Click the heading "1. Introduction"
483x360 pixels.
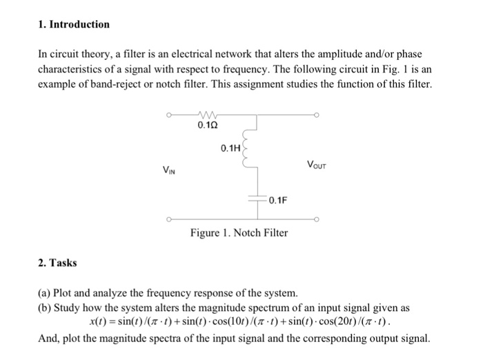[x=73, y=24]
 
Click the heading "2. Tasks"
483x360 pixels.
[x=58, y=263]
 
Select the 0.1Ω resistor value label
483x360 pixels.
[x=208, y=126]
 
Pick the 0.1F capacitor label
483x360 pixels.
[x=278, y=201]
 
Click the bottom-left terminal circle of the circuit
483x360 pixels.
[x=166, y=220]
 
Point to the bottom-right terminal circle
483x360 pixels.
[x=317, y=220]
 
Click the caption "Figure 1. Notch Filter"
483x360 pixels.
[x=239, y=233]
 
